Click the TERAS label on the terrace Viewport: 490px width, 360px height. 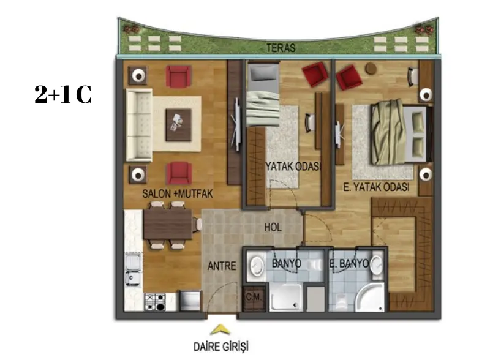point(281,48)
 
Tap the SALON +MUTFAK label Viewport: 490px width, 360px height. point(178,193)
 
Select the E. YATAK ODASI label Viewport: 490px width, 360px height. point(376,187)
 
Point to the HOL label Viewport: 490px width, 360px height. point(273,228)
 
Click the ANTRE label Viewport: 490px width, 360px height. point(222,266)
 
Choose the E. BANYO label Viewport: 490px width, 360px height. point(349,263)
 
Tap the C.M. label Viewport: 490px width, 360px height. point(254,296)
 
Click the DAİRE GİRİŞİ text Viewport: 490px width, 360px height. point(221,347)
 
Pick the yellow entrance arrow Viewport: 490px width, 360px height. point(221,329)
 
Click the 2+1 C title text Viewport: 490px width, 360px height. point(63,94)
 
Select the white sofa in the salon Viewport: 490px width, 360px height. point(139,125)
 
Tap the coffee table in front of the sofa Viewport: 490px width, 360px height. point(178,125)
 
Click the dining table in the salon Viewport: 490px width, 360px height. point(167,224)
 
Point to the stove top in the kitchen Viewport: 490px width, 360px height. point(156,302)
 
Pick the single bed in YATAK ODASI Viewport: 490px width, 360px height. point(263,95)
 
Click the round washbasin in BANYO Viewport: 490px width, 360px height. point(257,266)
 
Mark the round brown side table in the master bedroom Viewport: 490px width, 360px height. point(371,69)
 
